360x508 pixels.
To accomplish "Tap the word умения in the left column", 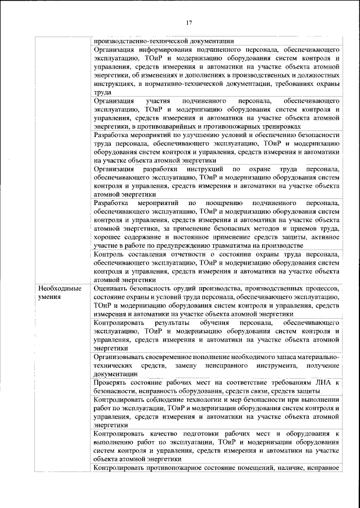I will point(49,297).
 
